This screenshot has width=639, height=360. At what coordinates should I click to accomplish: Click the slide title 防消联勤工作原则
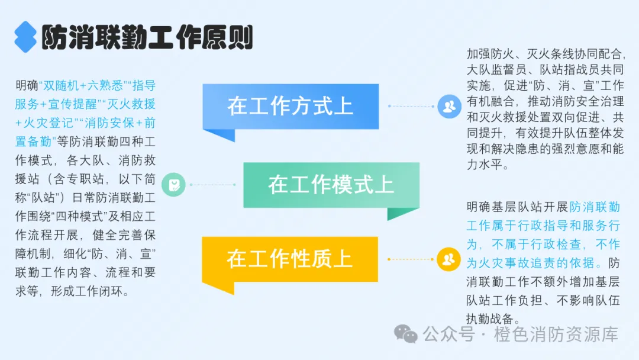coord(147,38)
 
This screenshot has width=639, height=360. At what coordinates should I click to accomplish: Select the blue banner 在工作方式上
coord(290,107)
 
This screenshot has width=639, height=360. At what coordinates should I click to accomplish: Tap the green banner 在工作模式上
coord(331,185)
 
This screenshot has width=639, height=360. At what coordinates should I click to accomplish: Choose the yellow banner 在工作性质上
coord(289,259)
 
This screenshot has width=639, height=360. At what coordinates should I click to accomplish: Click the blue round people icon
coord(449,107)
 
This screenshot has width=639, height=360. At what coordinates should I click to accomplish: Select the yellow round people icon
coord(448,259)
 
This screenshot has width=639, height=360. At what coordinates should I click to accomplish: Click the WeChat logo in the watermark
coord(406,334)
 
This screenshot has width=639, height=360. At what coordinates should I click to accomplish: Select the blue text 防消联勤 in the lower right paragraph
coord(595,207)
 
